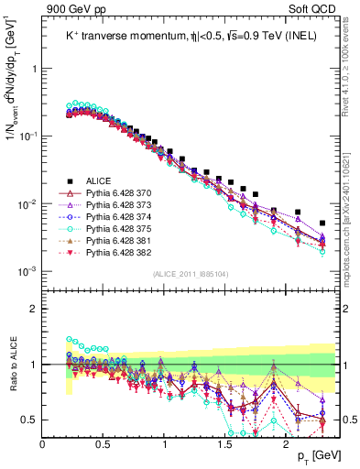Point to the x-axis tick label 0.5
[x=103, y=442]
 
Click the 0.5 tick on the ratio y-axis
[x=29, y=420]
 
